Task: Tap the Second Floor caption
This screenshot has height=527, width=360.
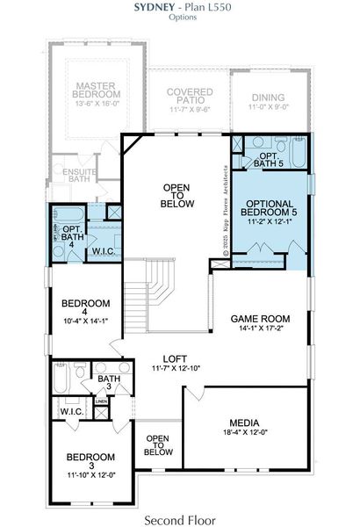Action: click(x=179, y=519)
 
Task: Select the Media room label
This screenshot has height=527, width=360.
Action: click(x=243, y=423)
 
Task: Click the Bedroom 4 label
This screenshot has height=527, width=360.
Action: click(x=84, y=309)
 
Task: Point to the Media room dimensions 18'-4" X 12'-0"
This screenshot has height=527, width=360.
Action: click(x=243, y=433)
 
